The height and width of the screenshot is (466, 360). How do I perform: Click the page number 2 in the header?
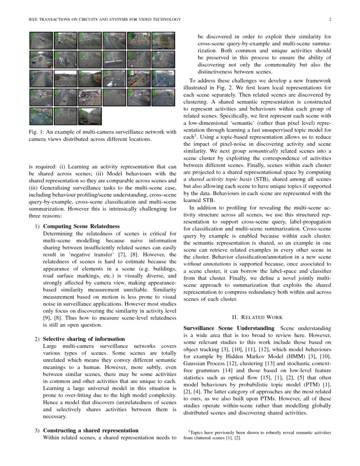330,19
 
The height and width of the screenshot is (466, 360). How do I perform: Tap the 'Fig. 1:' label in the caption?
37,132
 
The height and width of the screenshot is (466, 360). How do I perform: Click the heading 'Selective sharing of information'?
84,339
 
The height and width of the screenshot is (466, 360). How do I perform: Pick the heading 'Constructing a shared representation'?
91,430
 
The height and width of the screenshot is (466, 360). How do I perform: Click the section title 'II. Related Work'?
257,317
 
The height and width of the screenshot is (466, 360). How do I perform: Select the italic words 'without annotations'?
201,263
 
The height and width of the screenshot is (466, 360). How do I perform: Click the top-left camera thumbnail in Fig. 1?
41,40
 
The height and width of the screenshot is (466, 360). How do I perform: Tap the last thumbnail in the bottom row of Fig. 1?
90,116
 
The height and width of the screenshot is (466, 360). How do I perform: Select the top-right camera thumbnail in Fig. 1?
163,40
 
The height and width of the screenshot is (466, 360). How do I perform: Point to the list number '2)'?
37,339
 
